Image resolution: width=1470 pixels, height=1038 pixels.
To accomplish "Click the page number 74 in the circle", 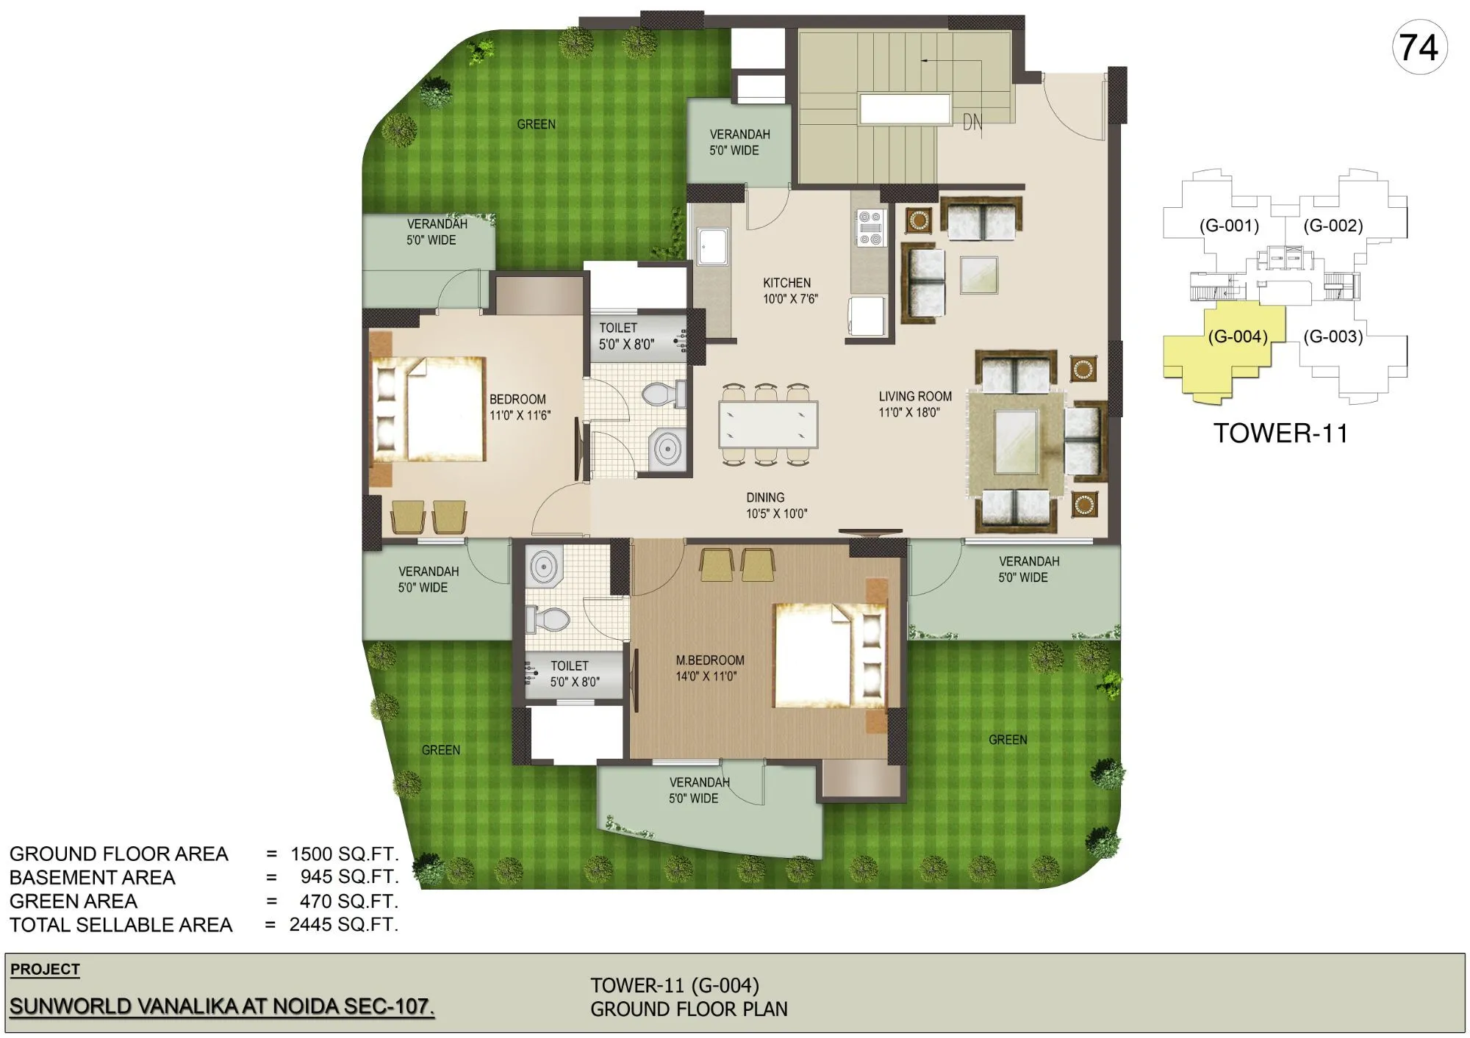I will [1419, 48].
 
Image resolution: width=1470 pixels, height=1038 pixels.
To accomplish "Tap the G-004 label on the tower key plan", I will [1238, 336].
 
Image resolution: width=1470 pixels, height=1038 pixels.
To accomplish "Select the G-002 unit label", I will [1333, 226].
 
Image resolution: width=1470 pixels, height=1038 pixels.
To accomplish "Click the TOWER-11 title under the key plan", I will [1280, 433].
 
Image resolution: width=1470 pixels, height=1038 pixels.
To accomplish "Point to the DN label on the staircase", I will [972, 123].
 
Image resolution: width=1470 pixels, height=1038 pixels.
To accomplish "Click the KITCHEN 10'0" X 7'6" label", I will [789, 291].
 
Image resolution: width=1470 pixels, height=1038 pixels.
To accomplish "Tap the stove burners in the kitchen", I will [870, 228].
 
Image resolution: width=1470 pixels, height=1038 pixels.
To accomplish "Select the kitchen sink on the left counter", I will [712, 246].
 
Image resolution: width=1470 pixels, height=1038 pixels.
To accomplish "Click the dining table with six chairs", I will [768, 425].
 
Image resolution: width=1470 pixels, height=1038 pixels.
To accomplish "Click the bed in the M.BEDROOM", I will [823, 655].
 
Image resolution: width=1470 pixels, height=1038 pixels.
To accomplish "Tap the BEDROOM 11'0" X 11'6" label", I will [519, 407].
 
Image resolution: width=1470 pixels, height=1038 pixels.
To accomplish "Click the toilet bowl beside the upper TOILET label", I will [662, 394].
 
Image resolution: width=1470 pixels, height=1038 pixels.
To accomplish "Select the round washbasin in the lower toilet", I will [543, 568].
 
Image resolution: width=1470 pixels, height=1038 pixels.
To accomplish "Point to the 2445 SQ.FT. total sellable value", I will [343, 924].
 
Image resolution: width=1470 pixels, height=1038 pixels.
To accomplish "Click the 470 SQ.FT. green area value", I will [348, 901].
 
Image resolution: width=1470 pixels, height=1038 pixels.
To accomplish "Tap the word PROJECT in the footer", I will [45, 969].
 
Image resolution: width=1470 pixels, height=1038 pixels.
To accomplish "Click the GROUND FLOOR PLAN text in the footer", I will [689, 1009].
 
